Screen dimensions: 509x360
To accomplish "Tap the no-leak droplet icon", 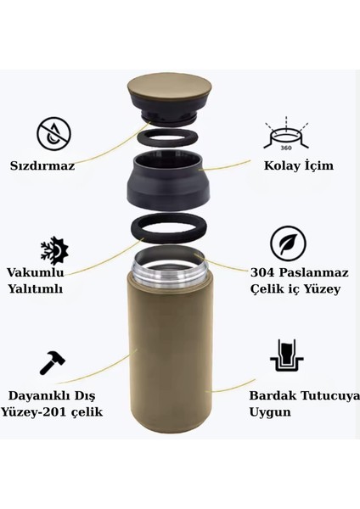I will pyautogui.click(x=53, y=133).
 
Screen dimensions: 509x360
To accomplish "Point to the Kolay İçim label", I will pyautogui.click(x=297, y=165).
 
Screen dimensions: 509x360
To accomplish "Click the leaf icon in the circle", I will pyautogui.click(x=288, y=243).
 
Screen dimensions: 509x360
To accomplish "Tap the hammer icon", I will pyautogui.click(x=53, y=362).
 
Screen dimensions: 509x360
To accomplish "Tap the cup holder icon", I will pyautogui.click(x=288, y=361).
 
